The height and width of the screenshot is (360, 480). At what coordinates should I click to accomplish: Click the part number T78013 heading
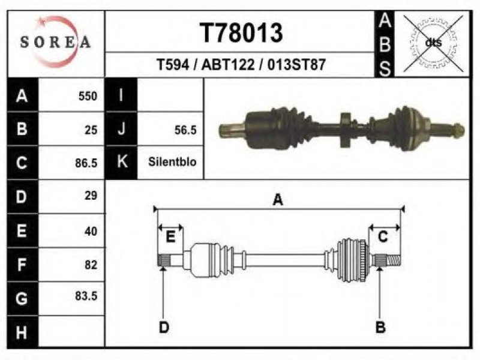click(x=241, y=33)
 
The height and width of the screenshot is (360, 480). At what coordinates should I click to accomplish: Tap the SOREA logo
click(x=56, y=42)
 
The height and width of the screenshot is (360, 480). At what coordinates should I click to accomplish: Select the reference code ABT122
click(x=228, y=65)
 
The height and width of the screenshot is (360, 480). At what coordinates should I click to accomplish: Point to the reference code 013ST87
click(x=296, y=65)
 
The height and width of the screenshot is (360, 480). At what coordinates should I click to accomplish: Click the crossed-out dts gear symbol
click(x=433, y=43)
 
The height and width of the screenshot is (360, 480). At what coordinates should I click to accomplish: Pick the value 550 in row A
click(x=88, y=96)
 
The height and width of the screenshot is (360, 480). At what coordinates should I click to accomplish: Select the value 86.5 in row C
click(x=86, y=163)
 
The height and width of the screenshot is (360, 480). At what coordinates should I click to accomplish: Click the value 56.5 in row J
click(x=185, y=130)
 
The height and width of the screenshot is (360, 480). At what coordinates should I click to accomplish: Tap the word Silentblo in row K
click(x=172, y=161)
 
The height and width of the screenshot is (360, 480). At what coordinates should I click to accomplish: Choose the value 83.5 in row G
click(x=86, y=296)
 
